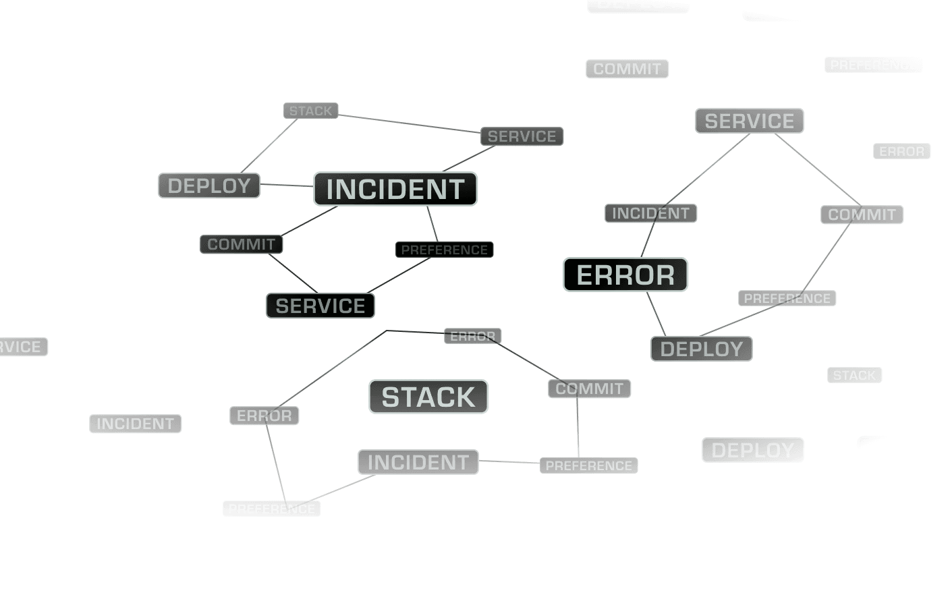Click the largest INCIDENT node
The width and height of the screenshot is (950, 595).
point(395,189)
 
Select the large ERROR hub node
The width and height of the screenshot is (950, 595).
point(625,275)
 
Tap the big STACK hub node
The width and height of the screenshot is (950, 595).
point(428,397)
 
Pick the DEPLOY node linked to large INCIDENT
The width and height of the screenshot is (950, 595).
point(209,186)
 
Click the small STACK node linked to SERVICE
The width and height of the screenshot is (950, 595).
point(310,111)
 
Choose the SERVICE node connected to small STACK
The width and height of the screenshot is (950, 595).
point(522,136)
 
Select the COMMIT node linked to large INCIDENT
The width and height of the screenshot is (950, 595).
point(241,244)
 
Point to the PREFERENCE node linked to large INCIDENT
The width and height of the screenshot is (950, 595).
point(444,250)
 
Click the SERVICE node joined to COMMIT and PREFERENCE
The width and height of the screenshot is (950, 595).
point(320,306)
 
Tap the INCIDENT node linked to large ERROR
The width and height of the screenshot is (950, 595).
point(650,213)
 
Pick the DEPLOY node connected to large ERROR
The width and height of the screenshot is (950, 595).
point(701,349)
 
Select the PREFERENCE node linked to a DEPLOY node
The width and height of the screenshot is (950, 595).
point(787,298)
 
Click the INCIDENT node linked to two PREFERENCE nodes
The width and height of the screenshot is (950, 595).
point(418,462)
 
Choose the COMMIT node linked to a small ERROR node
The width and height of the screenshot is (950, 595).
point(589,389)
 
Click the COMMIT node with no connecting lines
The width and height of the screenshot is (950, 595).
point(627,69)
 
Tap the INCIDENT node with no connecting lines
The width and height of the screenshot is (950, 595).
point(136,424)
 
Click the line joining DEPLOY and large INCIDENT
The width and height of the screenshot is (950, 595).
point(286,185)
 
